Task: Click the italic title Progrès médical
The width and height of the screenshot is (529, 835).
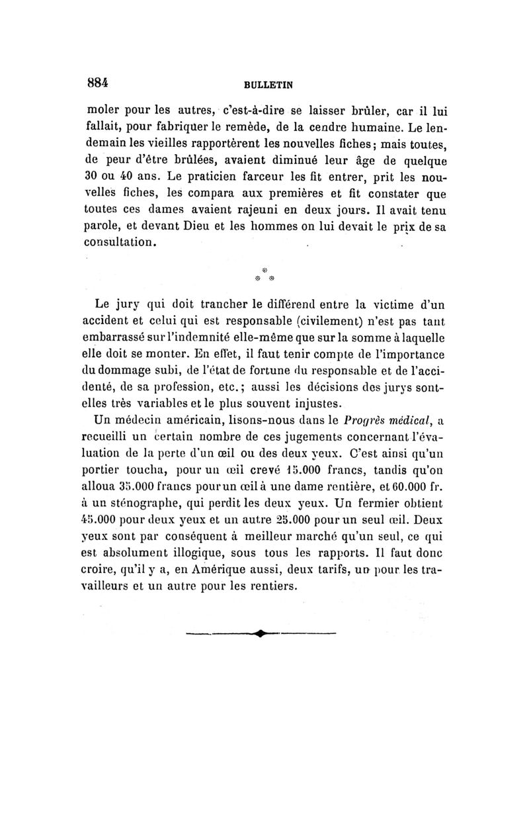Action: click(386, 419)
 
